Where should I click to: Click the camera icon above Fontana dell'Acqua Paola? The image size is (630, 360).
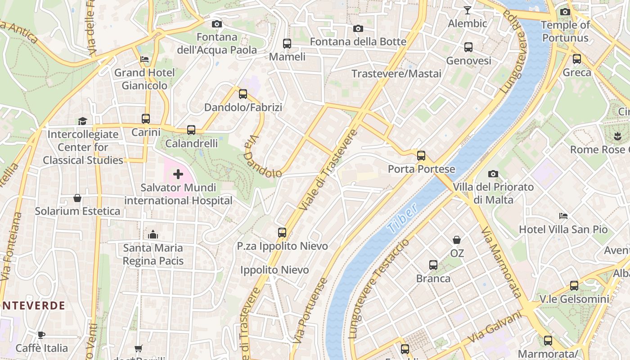pos(216,24)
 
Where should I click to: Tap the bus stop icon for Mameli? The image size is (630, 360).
pos(287,44)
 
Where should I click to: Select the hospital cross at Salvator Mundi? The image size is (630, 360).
pos(178,174)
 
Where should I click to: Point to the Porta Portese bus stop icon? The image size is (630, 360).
pos(421,156)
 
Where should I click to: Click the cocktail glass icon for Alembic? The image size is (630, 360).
pos(468,10)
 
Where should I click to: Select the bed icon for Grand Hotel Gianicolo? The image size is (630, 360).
pos(144,59)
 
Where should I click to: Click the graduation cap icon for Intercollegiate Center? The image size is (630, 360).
pos(82,121)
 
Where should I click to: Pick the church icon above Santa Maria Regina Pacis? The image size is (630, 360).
pos(153,234)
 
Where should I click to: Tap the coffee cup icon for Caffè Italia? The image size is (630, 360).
pos(41,334)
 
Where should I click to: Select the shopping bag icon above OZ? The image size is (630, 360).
pos(457,240)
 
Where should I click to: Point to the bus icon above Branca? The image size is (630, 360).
pos(433,265)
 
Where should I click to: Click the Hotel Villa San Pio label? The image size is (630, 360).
pos(563,229)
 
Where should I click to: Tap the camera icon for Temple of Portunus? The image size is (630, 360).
pos(565,12)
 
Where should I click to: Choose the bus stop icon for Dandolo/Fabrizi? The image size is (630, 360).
pos(243,94)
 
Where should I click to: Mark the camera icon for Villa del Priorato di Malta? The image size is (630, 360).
pos(493,174)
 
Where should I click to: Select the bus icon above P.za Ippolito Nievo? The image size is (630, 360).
pos(282,233)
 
